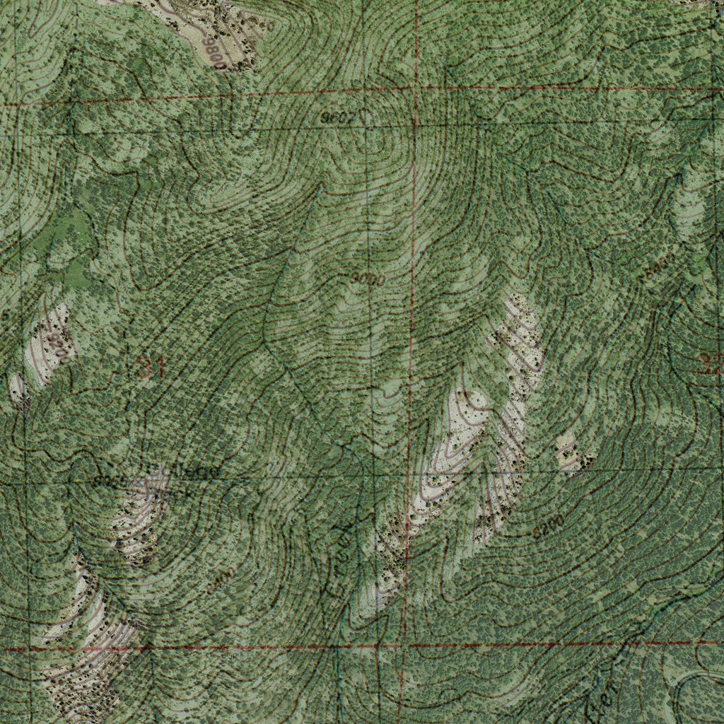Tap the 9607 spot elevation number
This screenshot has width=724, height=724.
pos(337,118)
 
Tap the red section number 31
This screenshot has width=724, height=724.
pos(149,368)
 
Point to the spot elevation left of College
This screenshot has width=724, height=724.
pos(107,481)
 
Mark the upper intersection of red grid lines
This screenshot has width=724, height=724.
pos(415,90)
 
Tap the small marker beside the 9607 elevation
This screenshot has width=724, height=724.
pos(366,117)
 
